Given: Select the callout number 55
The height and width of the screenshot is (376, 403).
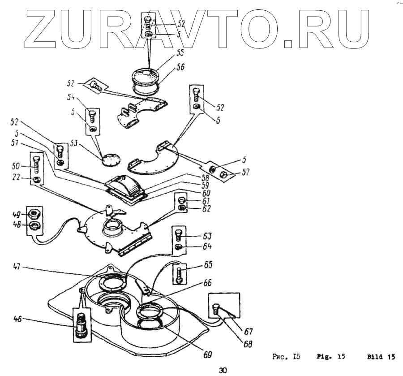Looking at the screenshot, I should (x=167, y=52).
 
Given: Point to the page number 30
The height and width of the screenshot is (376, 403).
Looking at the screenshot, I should (x=223, y=369).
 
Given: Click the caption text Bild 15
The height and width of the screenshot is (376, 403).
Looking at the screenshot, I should (x=381, y=357).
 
